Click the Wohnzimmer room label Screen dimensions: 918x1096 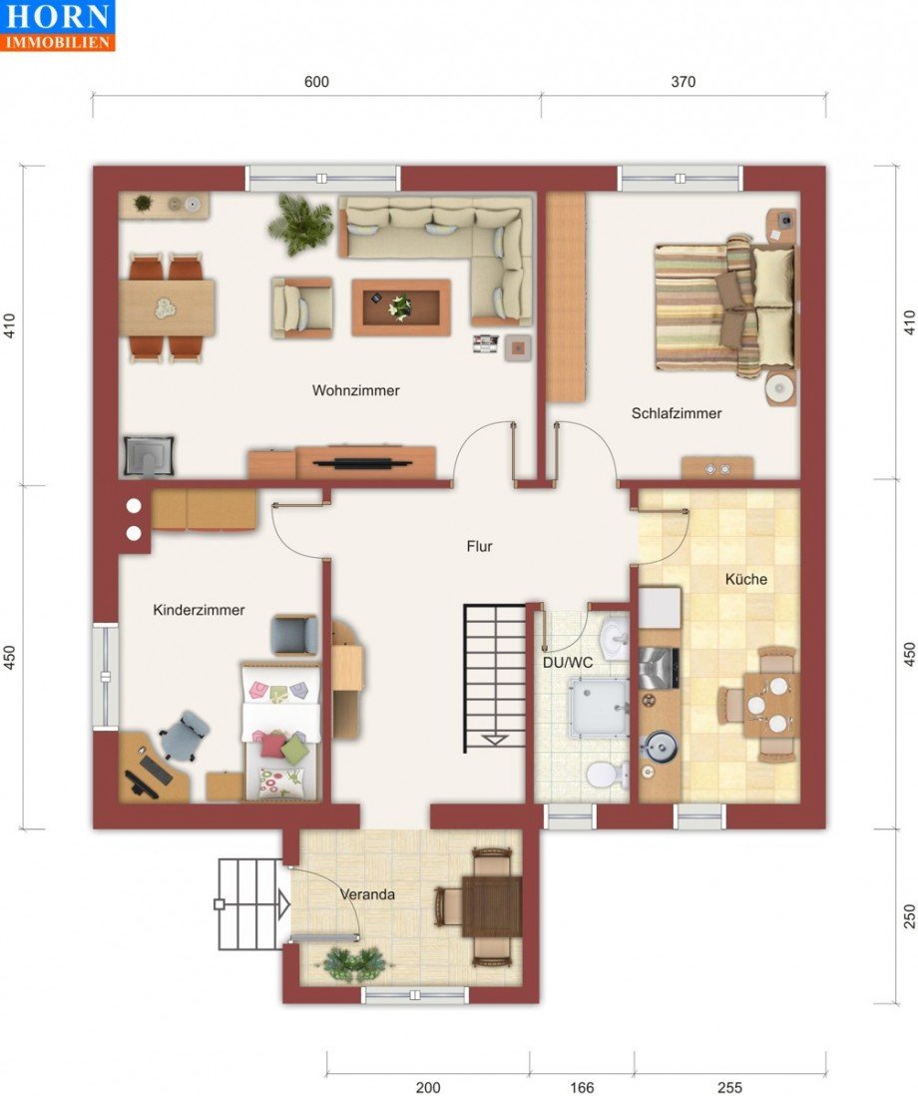click(355, 390)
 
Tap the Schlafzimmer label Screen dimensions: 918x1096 click(677, 413)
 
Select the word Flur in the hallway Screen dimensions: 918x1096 click(479, 546)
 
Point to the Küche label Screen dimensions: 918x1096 click(746, 579)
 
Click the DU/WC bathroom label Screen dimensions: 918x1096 click(568, 662)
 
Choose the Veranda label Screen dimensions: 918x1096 click(367, 894)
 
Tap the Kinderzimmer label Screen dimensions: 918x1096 click(199, 610)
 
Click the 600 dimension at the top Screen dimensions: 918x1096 click(316, 82)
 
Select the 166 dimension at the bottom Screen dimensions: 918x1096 click(582, 1087)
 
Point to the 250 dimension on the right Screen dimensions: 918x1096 click(909, 915)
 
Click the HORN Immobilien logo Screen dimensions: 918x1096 click(57, 26)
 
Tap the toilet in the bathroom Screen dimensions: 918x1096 click(605, 776)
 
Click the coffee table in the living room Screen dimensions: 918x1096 click(401, 307)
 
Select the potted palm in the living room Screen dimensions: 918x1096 click(300, 224)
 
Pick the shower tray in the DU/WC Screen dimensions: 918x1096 click(598, 707)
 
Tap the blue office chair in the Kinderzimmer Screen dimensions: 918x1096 click(183, 736)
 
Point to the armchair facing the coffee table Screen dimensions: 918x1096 click(301, 307)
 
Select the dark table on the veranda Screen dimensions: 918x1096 click(492, 906)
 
